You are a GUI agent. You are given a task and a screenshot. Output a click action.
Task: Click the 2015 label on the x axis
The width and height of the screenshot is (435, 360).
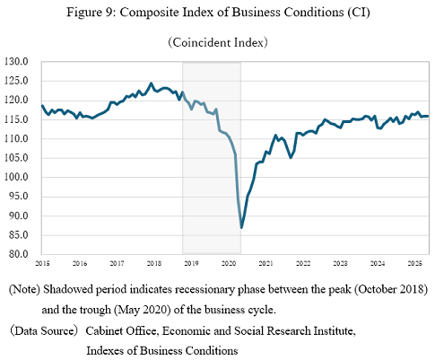click(x=43, y=264)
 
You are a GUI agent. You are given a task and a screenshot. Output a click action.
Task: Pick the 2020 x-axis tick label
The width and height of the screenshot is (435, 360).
click(x=229, y=264)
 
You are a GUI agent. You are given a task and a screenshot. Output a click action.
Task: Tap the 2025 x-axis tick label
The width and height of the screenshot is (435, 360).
click(x=414, y=264)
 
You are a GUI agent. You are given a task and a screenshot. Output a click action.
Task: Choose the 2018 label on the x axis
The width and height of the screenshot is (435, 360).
click(x=154, y=264)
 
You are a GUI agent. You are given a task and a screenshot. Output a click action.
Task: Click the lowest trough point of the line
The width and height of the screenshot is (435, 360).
click(x=242, y=227)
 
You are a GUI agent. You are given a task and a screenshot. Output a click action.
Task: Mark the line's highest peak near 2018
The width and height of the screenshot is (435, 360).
click(x=151, y=83)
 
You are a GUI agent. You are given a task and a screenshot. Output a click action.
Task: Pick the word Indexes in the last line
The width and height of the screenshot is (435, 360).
click(x=107, y=350)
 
